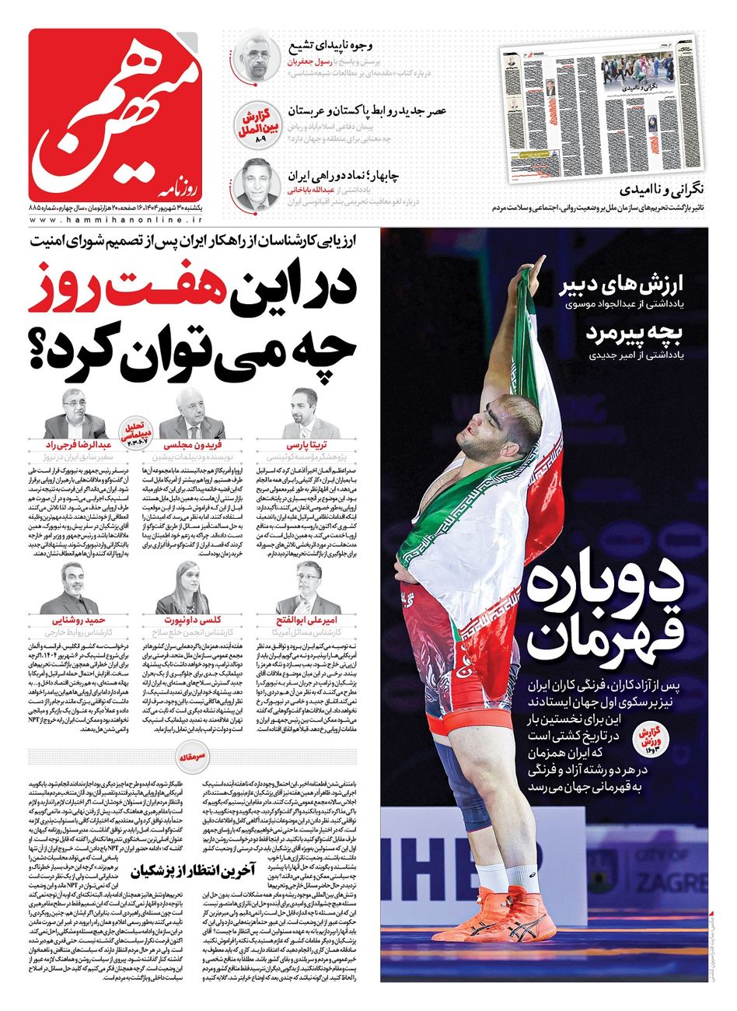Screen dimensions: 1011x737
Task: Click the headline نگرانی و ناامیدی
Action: [x=665, y=189]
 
